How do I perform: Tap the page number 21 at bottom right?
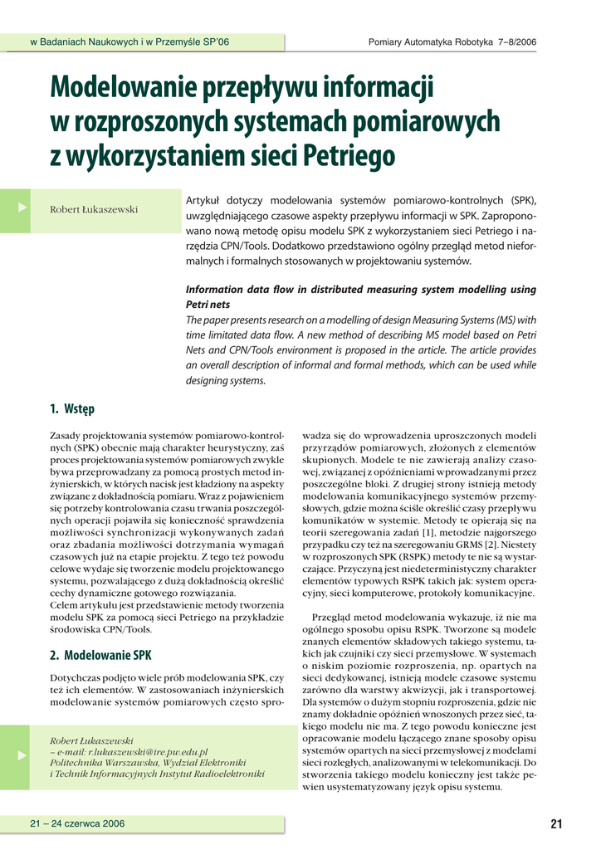pos(555,823)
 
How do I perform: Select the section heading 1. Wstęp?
pos(72,408)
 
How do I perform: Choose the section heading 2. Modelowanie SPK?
pos(100,654)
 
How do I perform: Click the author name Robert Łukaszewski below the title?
pos(94,209)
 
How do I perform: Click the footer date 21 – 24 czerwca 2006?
pos(77,823)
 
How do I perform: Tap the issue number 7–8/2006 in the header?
pos(515,42)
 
